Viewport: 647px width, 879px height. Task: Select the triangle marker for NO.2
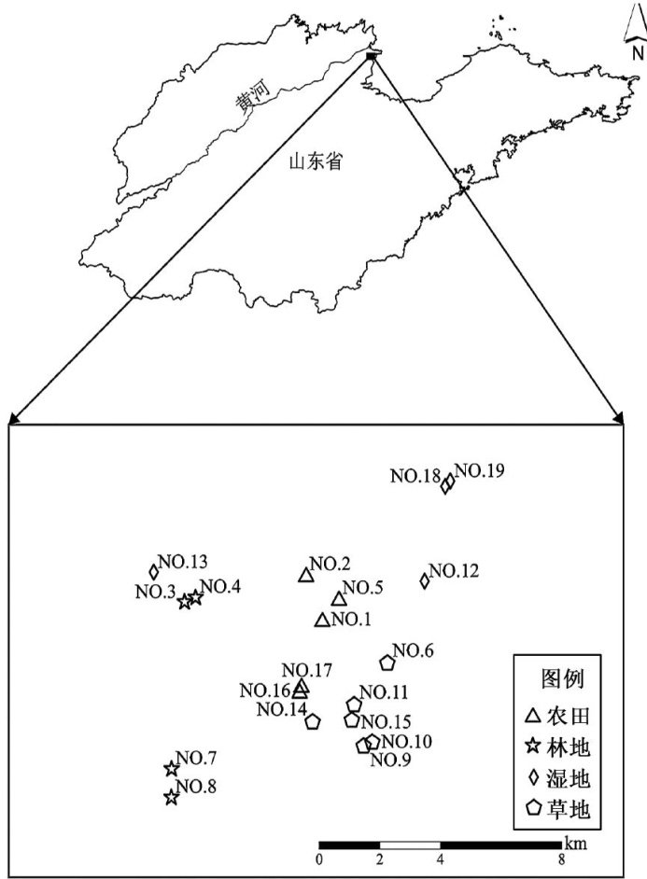[x=304, y=575]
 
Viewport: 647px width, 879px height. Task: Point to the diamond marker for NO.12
[x=425, y=580]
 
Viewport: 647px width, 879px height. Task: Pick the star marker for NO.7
[x=172, y=769]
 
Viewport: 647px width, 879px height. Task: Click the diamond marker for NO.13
[x=153, y=572]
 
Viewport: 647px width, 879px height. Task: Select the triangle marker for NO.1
[x=322, y=621]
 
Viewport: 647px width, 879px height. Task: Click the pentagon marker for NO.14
[x=314, y=721]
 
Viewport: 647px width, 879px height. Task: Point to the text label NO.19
[x=479, y=470]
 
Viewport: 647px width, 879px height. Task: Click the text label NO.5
[x=362, y=588]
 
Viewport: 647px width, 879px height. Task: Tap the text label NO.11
[x=384, y=692]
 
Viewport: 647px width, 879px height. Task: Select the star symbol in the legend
[x=532, y=746]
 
